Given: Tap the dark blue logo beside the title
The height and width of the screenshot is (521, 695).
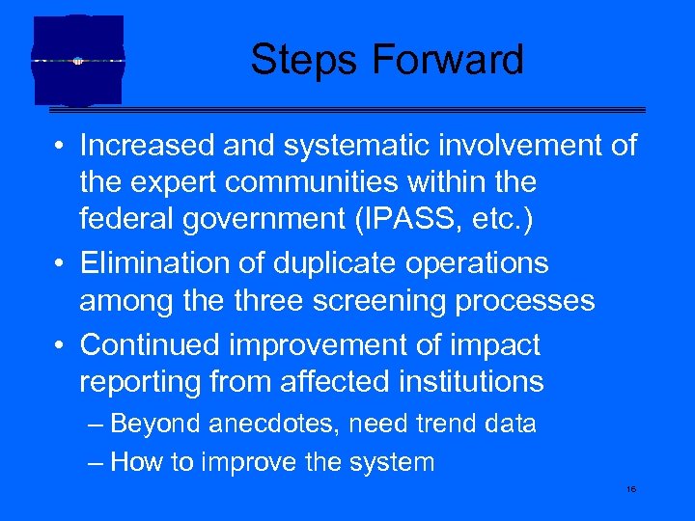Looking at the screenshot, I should pyautogui.click(x=78, y=60).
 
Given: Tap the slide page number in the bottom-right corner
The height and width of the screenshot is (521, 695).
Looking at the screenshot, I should pyautogui.click(x=630, y=490).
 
